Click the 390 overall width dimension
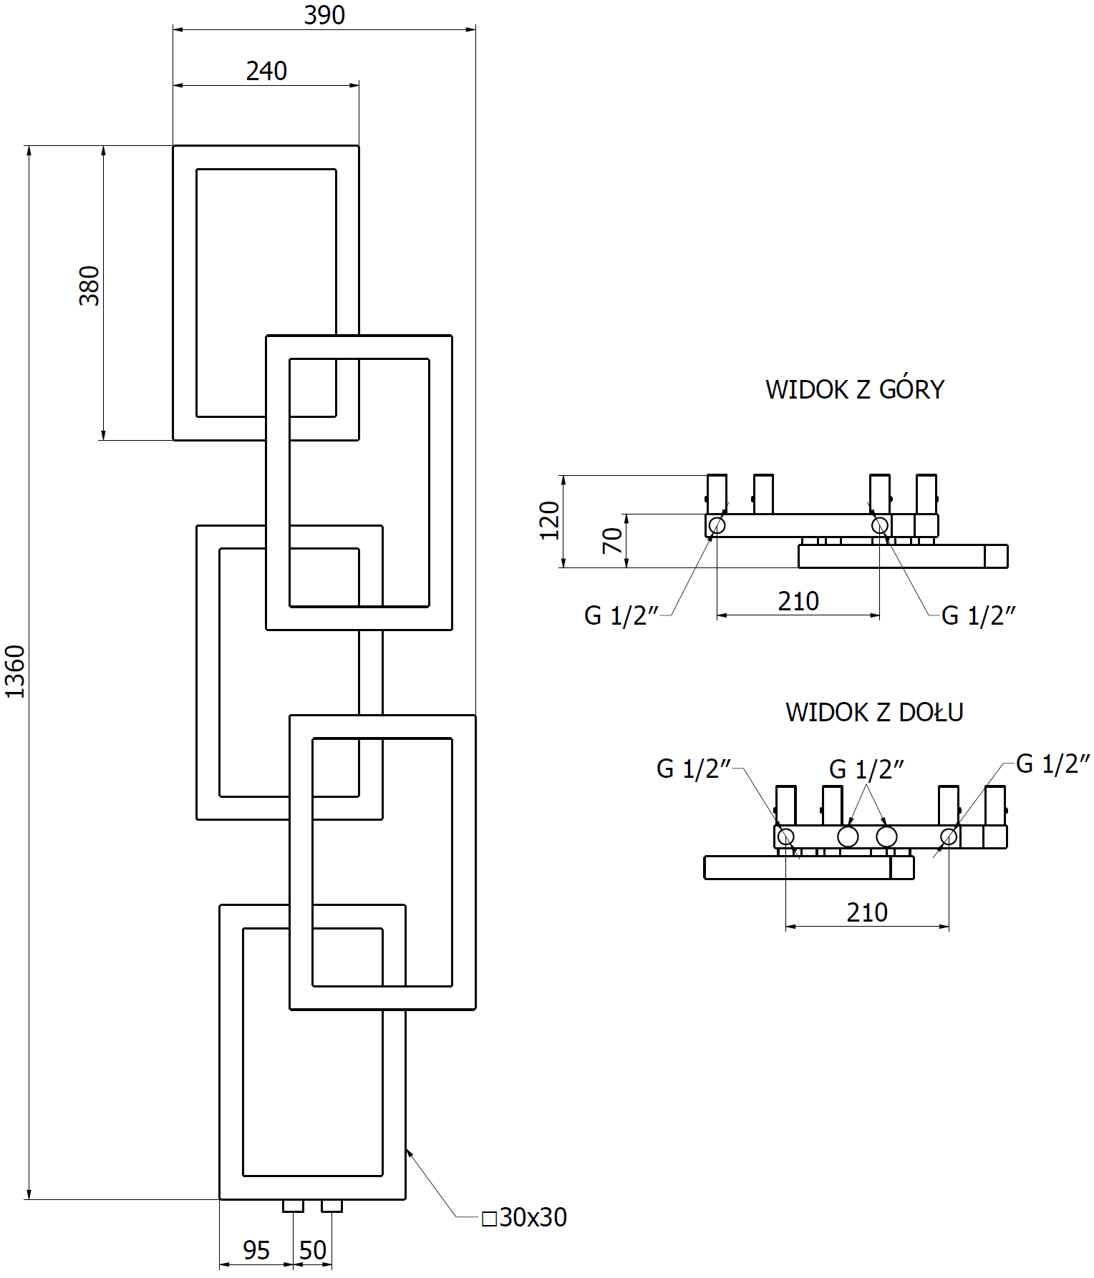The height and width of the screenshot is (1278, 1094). point(324,15)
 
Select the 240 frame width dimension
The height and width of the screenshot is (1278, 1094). point(266,71)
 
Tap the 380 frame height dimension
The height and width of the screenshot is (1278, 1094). point(89,286)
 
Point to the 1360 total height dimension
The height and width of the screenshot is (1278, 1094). point(15,671)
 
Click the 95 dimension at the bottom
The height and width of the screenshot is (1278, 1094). point(256,1250)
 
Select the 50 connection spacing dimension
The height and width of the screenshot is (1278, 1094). point(313,1250)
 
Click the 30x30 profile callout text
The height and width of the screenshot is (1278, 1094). point(526,1217)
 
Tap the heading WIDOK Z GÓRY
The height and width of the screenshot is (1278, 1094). point(855,389)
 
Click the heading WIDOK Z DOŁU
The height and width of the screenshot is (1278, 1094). point(874,712)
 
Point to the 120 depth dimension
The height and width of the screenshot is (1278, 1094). point(549,520)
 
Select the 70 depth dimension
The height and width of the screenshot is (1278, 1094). point(612,540)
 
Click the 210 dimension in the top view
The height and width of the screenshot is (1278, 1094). point(798,601)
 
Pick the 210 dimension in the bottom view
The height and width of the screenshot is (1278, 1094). point(867,912)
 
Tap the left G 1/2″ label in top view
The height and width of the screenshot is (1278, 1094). point(621,615)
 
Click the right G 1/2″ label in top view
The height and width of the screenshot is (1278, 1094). point(978,615)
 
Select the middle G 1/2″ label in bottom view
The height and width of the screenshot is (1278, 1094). point(866,769)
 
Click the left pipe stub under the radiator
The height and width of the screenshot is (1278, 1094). point(293,1206)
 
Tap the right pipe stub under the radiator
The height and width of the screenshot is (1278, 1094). point(331,1206)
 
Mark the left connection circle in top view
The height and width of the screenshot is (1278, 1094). point(717,526)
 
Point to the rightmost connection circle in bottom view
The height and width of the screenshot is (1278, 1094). point(949,836)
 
